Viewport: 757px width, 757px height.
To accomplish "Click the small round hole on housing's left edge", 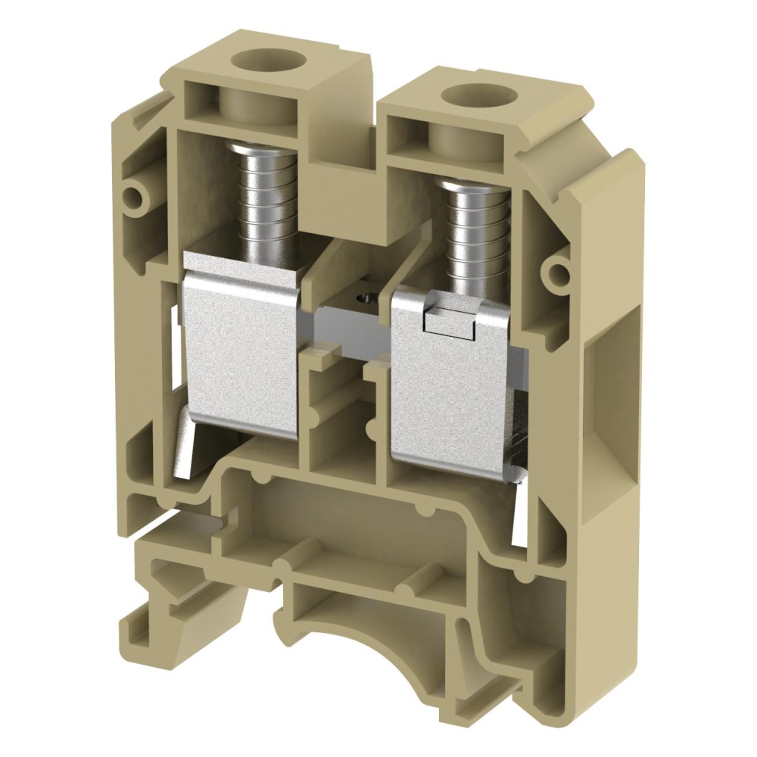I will (x=136, y=195).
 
